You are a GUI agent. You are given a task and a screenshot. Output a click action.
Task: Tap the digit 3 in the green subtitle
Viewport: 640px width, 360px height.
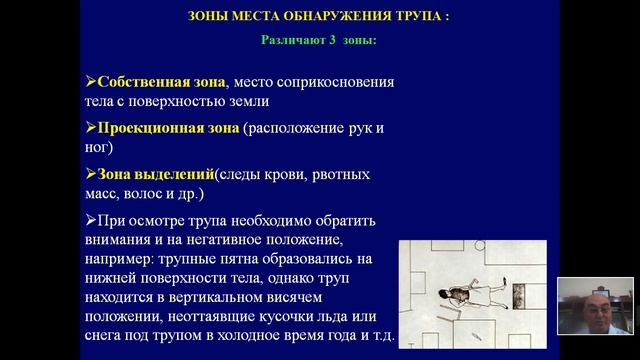(x=335, y=41)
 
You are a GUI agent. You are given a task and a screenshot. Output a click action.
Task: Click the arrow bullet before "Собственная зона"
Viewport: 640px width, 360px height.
(x=91, y=82)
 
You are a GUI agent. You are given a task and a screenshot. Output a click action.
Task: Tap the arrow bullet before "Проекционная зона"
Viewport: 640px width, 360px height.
(x=91, y=128)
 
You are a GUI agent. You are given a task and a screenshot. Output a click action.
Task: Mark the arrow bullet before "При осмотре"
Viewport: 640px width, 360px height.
(x=91, y=221)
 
